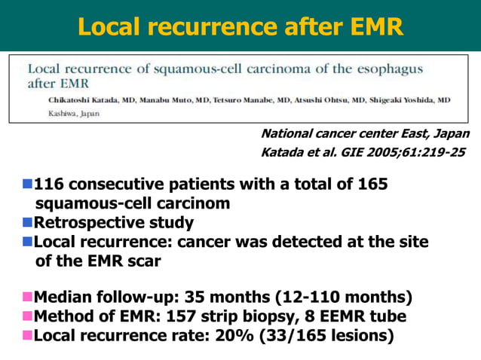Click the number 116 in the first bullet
47,184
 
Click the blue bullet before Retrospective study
28,223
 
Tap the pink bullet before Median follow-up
28,295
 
